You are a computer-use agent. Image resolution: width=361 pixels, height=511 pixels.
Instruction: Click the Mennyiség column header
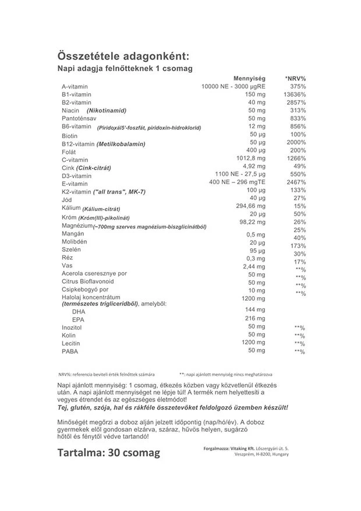[x=249, y=78]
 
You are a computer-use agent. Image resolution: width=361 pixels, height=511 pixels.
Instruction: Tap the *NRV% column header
[x=295, y=78]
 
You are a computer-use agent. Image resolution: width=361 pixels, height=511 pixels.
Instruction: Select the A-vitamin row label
[x=75, y=87]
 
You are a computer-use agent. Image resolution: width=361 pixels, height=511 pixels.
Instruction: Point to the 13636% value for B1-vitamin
[x=294, y=94]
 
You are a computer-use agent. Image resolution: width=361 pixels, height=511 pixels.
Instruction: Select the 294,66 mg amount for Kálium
[x=250, y=206]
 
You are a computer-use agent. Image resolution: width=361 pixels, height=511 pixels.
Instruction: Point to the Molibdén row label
[x=75, y=241]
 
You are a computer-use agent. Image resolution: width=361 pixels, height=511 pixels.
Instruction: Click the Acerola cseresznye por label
[x=94, y=274]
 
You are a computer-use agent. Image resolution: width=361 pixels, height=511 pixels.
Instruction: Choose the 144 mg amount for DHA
[x=255, y=309]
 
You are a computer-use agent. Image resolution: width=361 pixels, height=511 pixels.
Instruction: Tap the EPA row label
[x=78, y=319]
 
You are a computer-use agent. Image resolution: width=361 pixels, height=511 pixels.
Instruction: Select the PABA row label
[x=70, y=351]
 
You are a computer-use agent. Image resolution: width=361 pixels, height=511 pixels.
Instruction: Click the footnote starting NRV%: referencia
[x=104, y=373]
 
